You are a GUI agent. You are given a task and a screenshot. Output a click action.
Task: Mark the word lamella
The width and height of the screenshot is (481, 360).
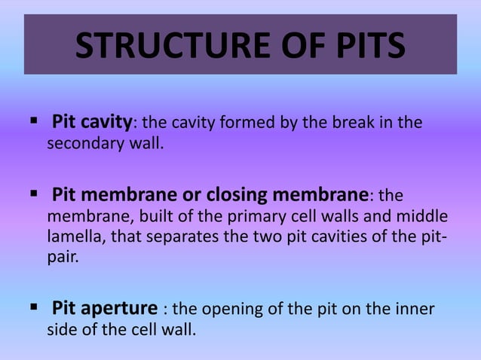[73, 238]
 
